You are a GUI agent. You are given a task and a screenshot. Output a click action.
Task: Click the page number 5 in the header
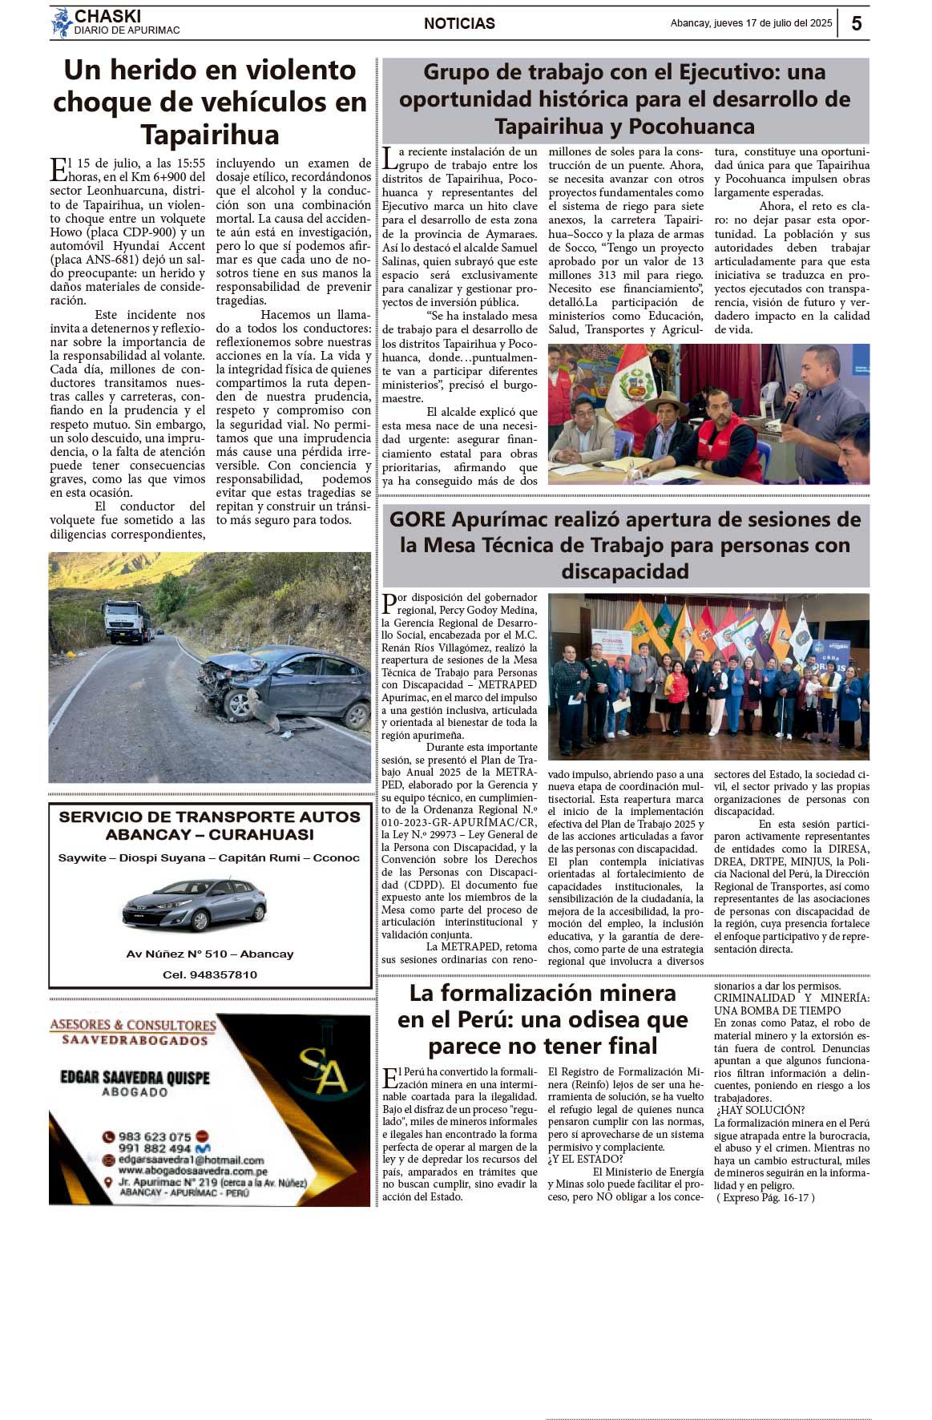coord(856,23)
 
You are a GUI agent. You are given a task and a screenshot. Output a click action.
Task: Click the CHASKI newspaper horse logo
coord(61,23)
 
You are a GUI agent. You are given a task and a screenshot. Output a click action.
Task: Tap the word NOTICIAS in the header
coord(459,23)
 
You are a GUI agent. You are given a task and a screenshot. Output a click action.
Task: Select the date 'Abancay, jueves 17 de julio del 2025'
coord(751,23)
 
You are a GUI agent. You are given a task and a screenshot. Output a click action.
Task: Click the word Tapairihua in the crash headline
coord(210,135)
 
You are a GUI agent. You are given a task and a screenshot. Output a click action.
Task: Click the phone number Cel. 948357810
coord(210,974)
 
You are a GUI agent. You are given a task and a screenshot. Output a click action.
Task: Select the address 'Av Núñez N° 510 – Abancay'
coord(210,954)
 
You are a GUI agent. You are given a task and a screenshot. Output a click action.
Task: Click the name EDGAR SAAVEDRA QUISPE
coord(135,1077)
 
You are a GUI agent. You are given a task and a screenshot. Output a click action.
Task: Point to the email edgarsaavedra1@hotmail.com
coord(191,1160)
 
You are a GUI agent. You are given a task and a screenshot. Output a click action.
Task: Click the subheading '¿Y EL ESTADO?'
coord(585,1159)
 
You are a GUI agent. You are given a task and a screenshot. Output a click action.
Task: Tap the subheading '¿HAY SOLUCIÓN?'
coord(760,1110)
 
